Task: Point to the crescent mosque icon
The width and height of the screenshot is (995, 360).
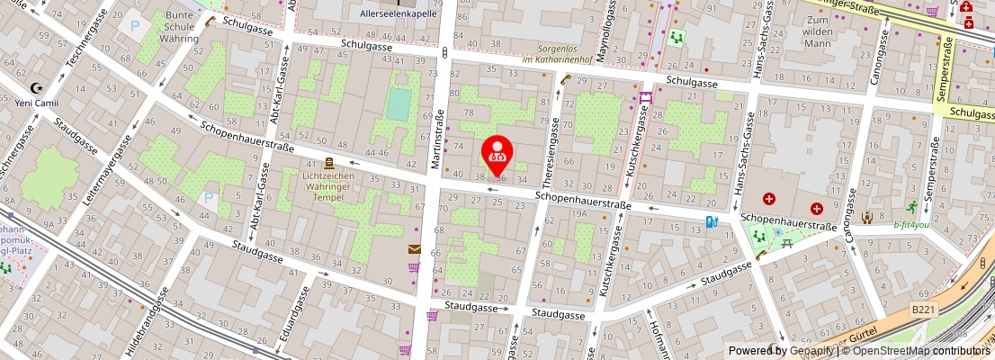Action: pos(37,88)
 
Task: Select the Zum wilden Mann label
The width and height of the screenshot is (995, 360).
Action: pos(818,31)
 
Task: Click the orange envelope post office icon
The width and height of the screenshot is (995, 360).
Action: pos(414,249)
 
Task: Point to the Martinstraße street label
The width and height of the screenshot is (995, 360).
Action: pos(439,127)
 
